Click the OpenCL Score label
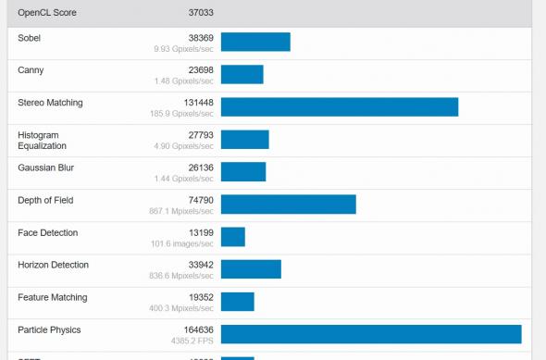point(47,13)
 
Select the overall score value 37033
point(200,13)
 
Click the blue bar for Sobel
point(255,43)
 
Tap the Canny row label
point(31,70)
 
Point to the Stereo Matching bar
point(340,107)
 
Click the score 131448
point(196,103)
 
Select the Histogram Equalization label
point(43,141)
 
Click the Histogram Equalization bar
point(244,140)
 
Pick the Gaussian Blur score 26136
point(200,168)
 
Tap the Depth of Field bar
point(289,205)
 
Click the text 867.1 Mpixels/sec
point(184,211)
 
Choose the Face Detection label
point(48,233)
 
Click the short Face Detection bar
point(233,237)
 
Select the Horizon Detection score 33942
point(200,266)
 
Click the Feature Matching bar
point(238,302)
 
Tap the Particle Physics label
point(50,330)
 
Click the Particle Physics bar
point(371,334)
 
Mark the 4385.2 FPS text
point(192,341)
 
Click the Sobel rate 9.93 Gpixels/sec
point(184,49)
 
